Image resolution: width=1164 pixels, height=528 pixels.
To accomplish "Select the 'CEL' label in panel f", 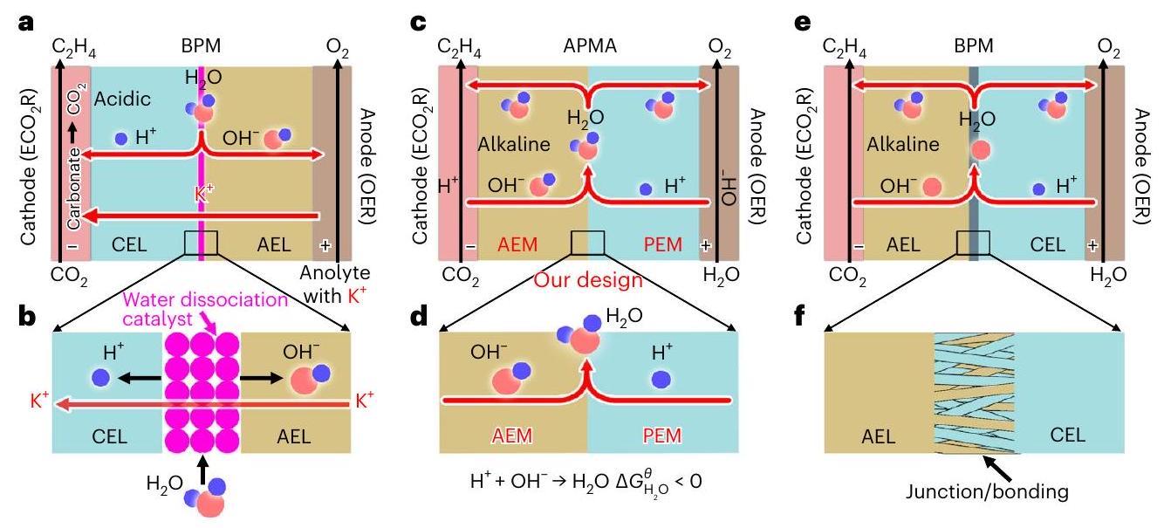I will [x=1038, y=435].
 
